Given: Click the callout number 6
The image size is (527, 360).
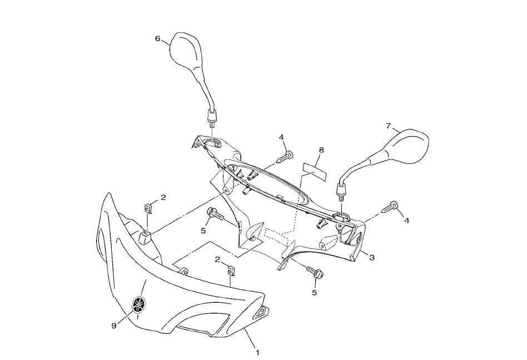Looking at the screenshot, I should click(158, 39).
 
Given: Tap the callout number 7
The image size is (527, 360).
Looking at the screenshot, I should click(389, 127).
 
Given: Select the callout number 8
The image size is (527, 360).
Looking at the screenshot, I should click(321, 150).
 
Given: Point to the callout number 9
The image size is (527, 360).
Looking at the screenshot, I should click(114, 326).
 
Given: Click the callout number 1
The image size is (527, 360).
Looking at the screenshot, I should click(257, 352).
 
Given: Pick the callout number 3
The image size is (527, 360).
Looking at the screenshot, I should click(371, 257).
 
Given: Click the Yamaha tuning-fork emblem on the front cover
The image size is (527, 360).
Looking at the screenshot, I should click(138, 305).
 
